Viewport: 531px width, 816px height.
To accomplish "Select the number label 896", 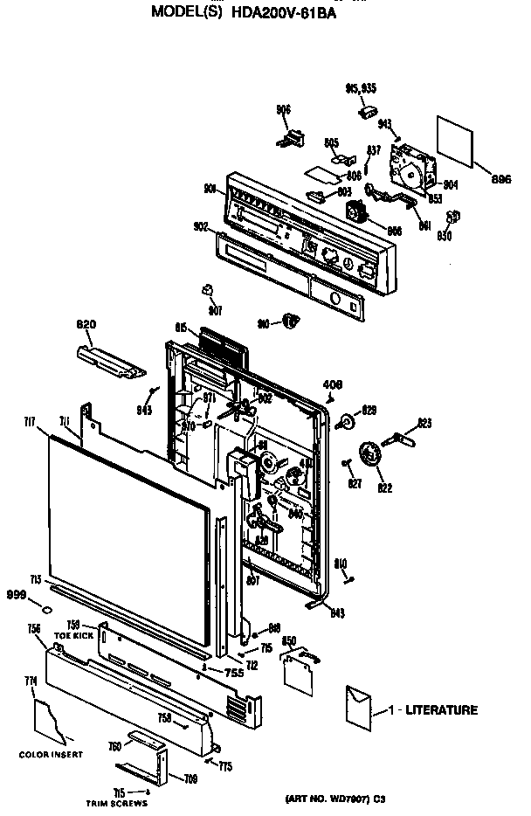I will [x=500, y=179].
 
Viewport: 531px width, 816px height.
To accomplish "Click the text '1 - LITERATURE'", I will [x=434, y=710].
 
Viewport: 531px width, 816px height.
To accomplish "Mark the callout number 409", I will [x=333, y=384].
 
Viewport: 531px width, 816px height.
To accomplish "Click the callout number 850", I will [x=290, y=641].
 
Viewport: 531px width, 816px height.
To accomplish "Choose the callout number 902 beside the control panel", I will [x=200, y=226].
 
